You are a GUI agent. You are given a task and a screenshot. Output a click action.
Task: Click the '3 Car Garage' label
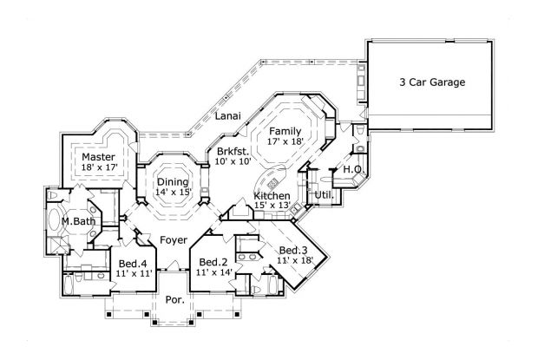431,83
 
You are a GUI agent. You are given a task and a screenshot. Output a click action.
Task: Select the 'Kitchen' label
272,197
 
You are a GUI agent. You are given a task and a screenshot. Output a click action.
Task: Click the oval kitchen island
272,181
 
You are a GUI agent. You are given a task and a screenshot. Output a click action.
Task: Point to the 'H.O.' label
352,169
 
